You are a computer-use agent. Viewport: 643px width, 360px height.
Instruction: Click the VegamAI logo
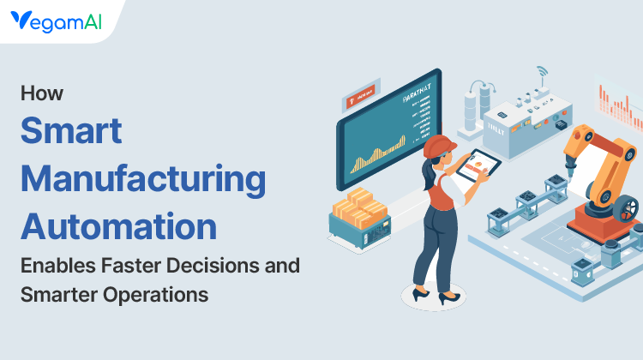(57, 21)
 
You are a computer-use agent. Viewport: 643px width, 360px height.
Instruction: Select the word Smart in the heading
(71, 132)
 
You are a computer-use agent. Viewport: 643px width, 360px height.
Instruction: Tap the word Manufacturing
(143, 180)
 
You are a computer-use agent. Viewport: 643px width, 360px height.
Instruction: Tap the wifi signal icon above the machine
(541, 71)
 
